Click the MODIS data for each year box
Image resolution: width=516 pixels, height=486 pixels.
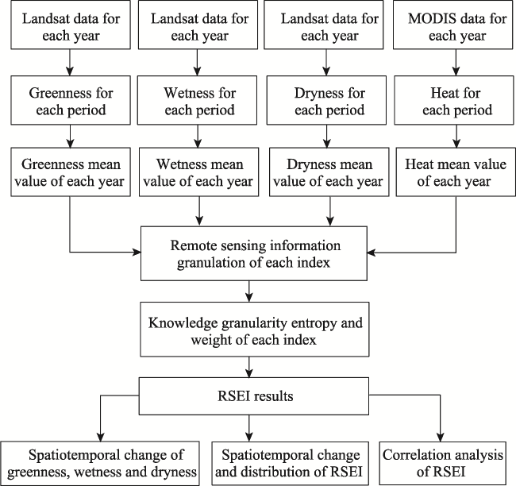click(452, 25)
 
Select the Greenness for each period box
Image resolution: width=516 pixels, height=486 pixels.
click(71, 100)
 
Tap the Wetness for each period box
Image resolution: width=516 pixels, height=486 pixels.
click(197, 100)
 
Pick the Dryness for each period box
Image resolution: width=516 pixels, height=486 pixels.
click(326, 100)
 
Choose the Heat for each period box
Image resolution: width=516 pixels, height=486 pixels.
click(454, 100)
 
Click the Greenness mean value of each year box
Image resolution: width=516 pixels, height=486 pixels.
click(71, 172)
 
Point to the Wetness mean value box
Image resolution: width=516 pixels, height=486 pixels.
click(198, 172)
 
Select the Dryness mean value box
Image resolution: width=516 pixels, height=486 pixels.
click(329, 172)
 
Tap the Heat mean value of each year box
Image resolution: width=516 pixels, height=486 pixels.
click(456, 172)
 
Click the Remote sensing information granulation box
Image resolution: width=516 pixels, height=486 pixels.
click(254, 253)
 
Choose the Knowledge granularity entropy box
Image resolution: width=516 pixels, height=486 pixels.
click(255, 330)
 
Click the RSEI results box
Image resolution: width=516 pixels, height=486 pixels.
click(254, 396)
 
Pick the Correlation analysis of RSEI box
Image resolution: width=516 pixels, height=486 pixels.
click(443, 463)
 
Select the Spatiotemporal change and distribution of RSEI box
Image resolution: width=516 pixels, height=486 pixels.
click(289, 463)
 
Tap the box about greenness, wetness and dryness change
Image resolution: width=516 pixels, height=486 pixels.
click(100, 463)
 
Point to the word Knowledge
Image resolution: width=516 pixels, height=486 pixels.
click(183, 323)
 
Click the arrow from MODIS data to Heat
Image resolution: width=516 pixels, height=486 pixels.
click(456, 63)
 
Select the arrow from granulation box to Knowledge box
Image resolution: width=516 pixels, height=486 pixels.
click(249, 291)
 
